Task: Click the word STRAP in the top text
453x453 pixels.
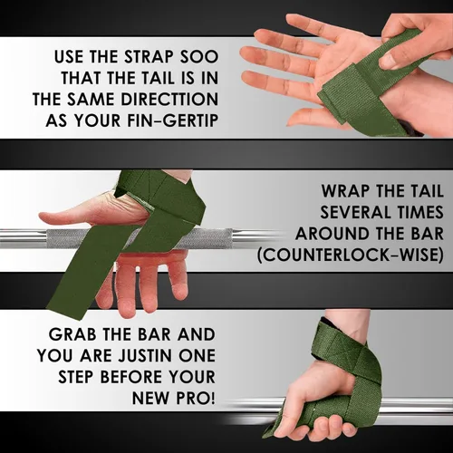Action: (x=149, y=57)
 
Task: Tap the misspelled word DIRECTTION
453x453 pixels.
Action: (x=169, y=100)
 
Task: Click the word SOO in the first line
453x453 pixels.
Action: (x=199, y=57)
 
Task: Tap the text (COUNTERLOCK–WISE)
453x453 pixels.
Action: (x=351, y=255)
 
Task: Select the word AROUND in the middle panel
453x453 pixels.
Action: (x=329, y=234)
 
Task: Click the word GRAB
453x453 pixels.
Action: (x=72, y=334)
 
